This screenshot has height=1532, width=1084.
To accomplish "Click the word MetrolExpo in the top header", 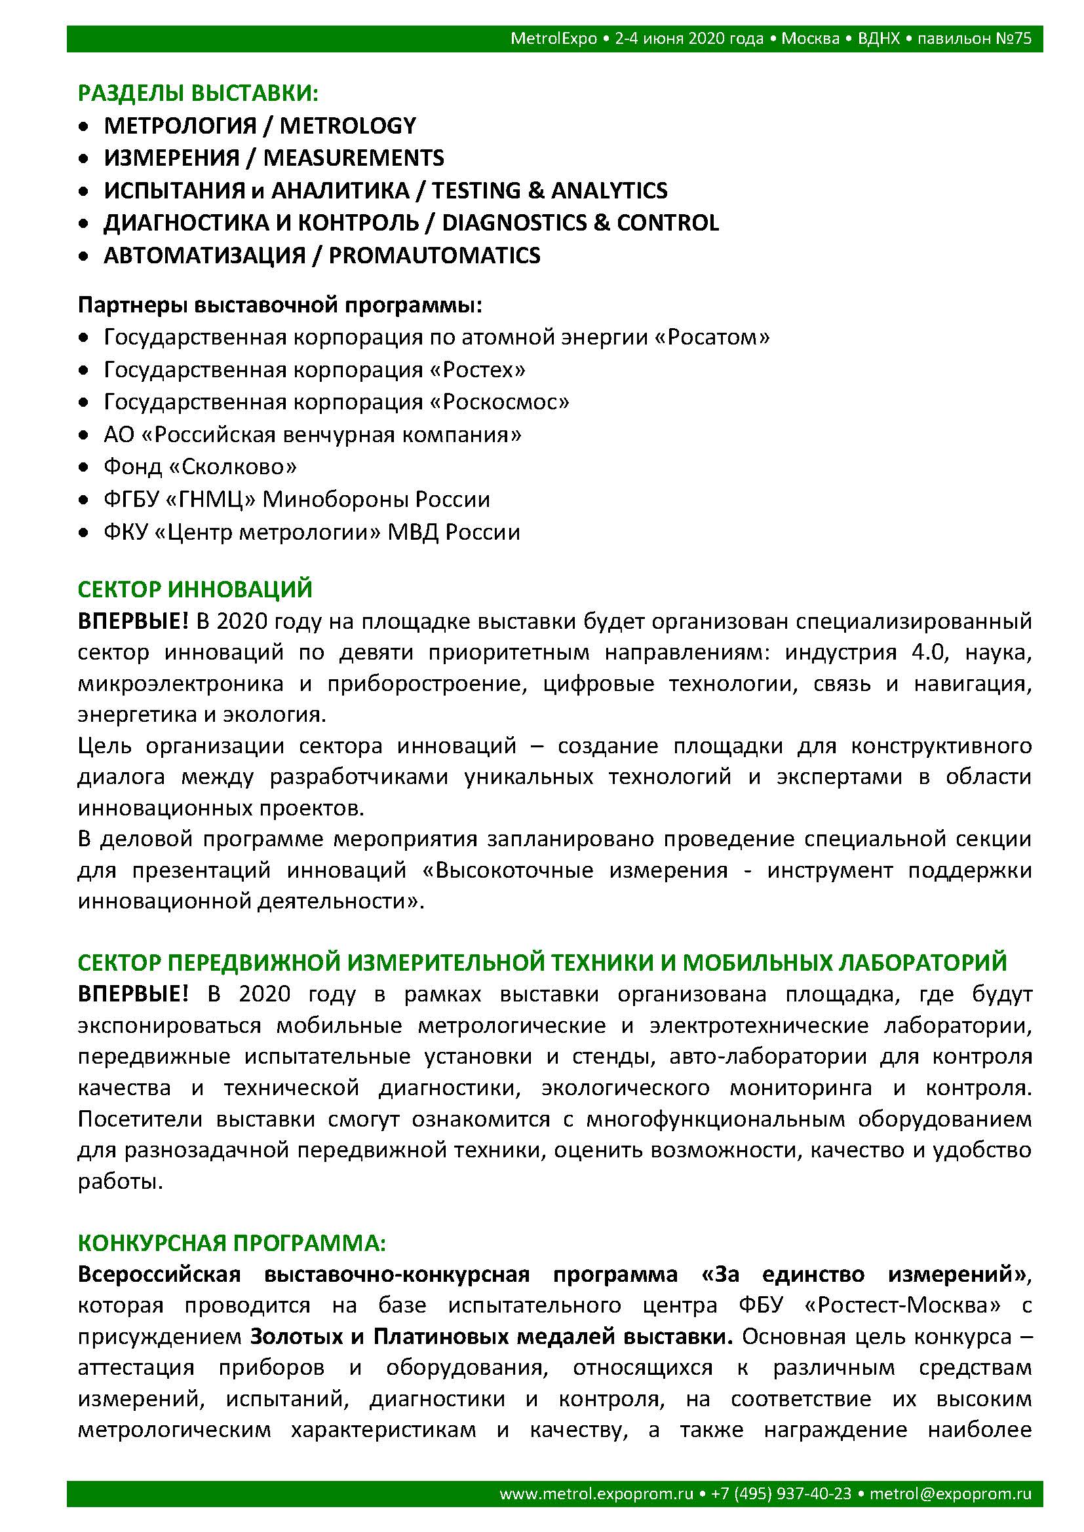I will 553,39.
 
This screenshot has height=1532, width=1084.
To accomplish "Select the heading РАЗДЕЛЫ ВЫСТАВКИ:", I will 198,94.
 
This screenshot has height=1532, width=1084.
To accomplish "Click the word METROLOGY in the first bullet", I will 347,126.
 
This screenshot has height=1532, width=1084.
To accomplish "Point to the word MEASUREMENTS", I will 353,158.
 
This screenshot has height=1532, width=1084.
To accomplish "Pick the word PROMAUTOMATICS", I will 434,255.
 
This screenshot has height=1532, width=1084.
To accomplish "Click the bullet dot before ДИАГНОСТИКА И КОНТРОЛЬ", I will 83,223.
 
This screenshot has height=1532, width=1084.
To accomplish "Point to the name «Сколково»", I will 232,467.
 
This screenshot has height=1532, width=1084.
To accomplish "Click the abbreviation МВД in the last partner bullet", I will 413,532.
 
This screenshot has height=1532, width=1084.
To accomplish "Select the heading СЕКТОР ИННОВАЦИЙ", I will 195,589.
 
